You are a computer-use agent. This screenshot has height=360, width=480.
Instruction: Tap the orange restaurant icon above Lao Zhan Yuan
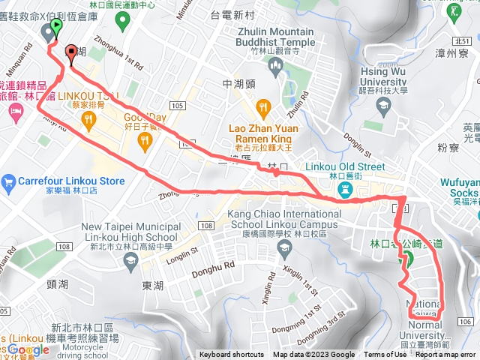[x=262, y=108]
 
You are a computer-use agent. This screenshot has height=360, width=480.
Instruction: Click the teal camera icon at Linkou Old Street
[x=345, y=190]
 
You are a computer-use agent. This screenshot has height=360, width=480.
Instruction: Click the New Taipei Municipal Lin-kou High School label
[x=130, y=232]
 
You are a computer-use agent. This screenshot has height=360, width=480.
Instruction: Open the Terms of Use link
[x=385, y=355]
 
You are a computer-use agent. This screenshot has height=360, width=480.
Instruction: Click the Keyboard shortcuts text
[x=232, y=355]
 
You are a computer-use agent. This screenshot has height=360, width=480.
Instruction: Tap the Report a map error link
[x=446, y=355]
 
